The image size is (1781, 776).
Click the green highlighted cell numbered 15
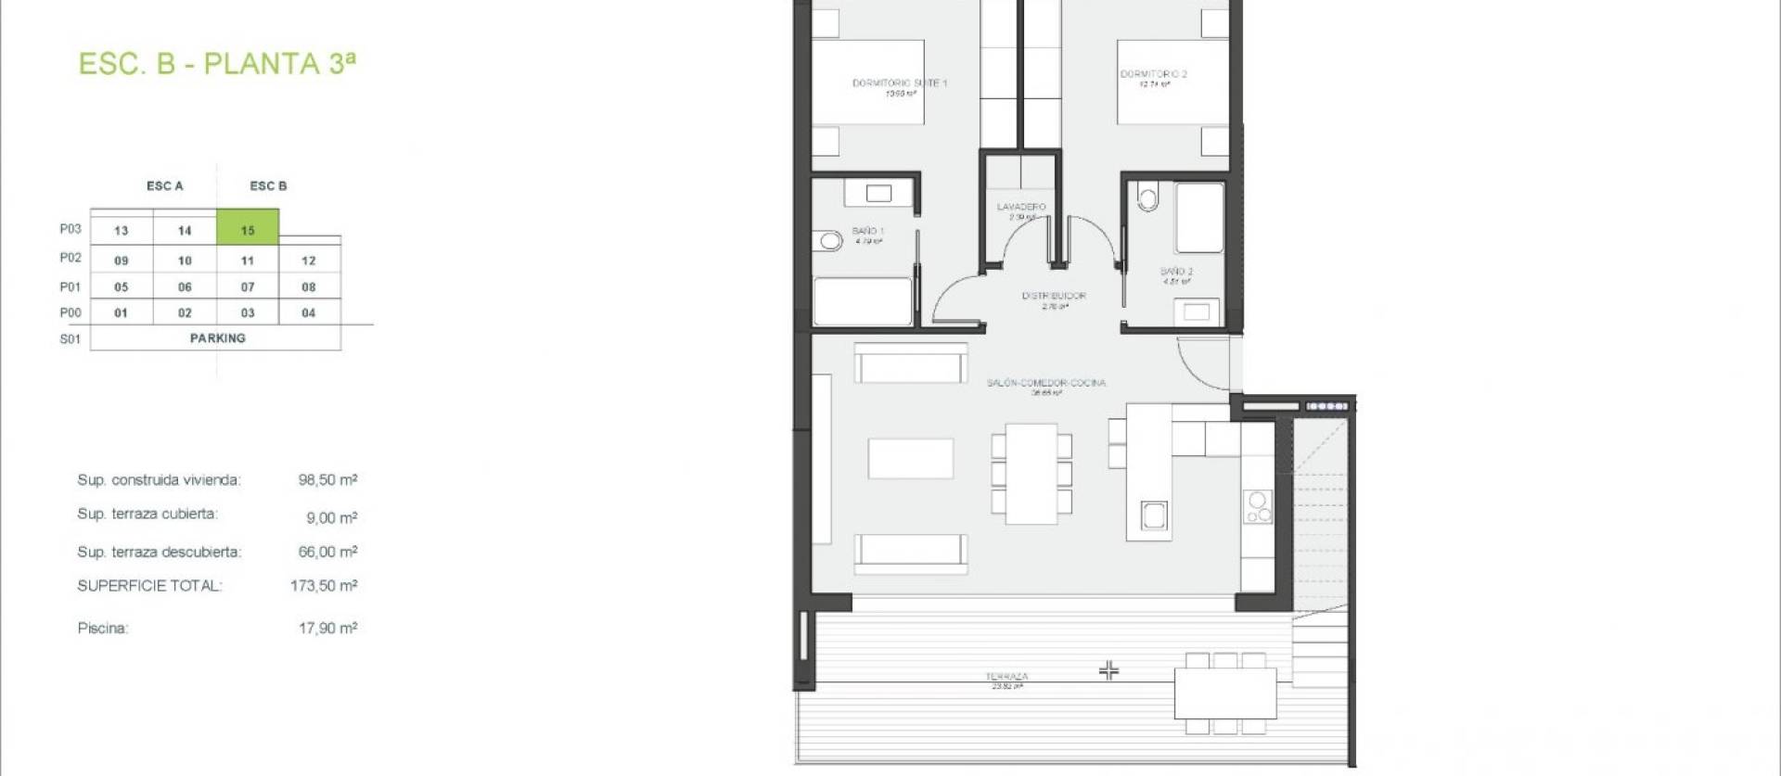(248, 228)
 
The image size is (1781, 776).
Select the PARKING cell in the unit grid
(217, 338)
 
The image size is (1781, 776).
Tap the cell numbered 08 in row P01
(309, 286)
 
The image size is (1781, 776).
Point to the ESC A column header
(165, 185)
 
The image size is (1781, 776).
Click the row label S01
(70, 339)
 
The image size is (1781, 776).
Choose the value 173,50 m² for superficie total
(324, 585)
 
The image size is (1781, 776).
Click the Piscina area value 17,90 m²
(327, 628)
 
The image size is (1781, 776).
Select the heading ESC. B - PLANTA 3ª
(217, 63)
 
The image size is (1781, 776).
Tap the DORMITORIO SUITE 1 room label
(899, 83)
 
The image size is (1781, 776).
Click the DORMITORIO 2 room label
(1153, 74)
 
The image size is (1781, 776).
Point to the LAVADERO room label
(1020, 207)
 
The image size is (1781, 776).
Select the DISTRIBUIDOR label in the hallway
(1054, 296)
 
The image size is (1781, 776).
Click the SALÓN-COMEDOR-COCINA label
(1045, 382)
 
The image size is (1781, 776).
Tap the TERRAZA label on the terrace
(1006, 677)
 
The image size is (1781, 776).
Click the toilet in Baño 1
(829, 242)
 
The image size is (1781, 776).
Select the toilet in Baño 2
(1148, 197)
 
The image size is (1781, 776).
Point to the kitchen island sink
(1154, 515)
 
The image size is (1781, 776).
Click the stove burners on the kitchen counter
(1258, 506)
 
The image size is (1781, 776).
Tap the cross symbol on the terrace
(1108, 669)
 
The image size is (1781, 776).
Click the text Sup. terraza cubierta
(147, 514)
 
